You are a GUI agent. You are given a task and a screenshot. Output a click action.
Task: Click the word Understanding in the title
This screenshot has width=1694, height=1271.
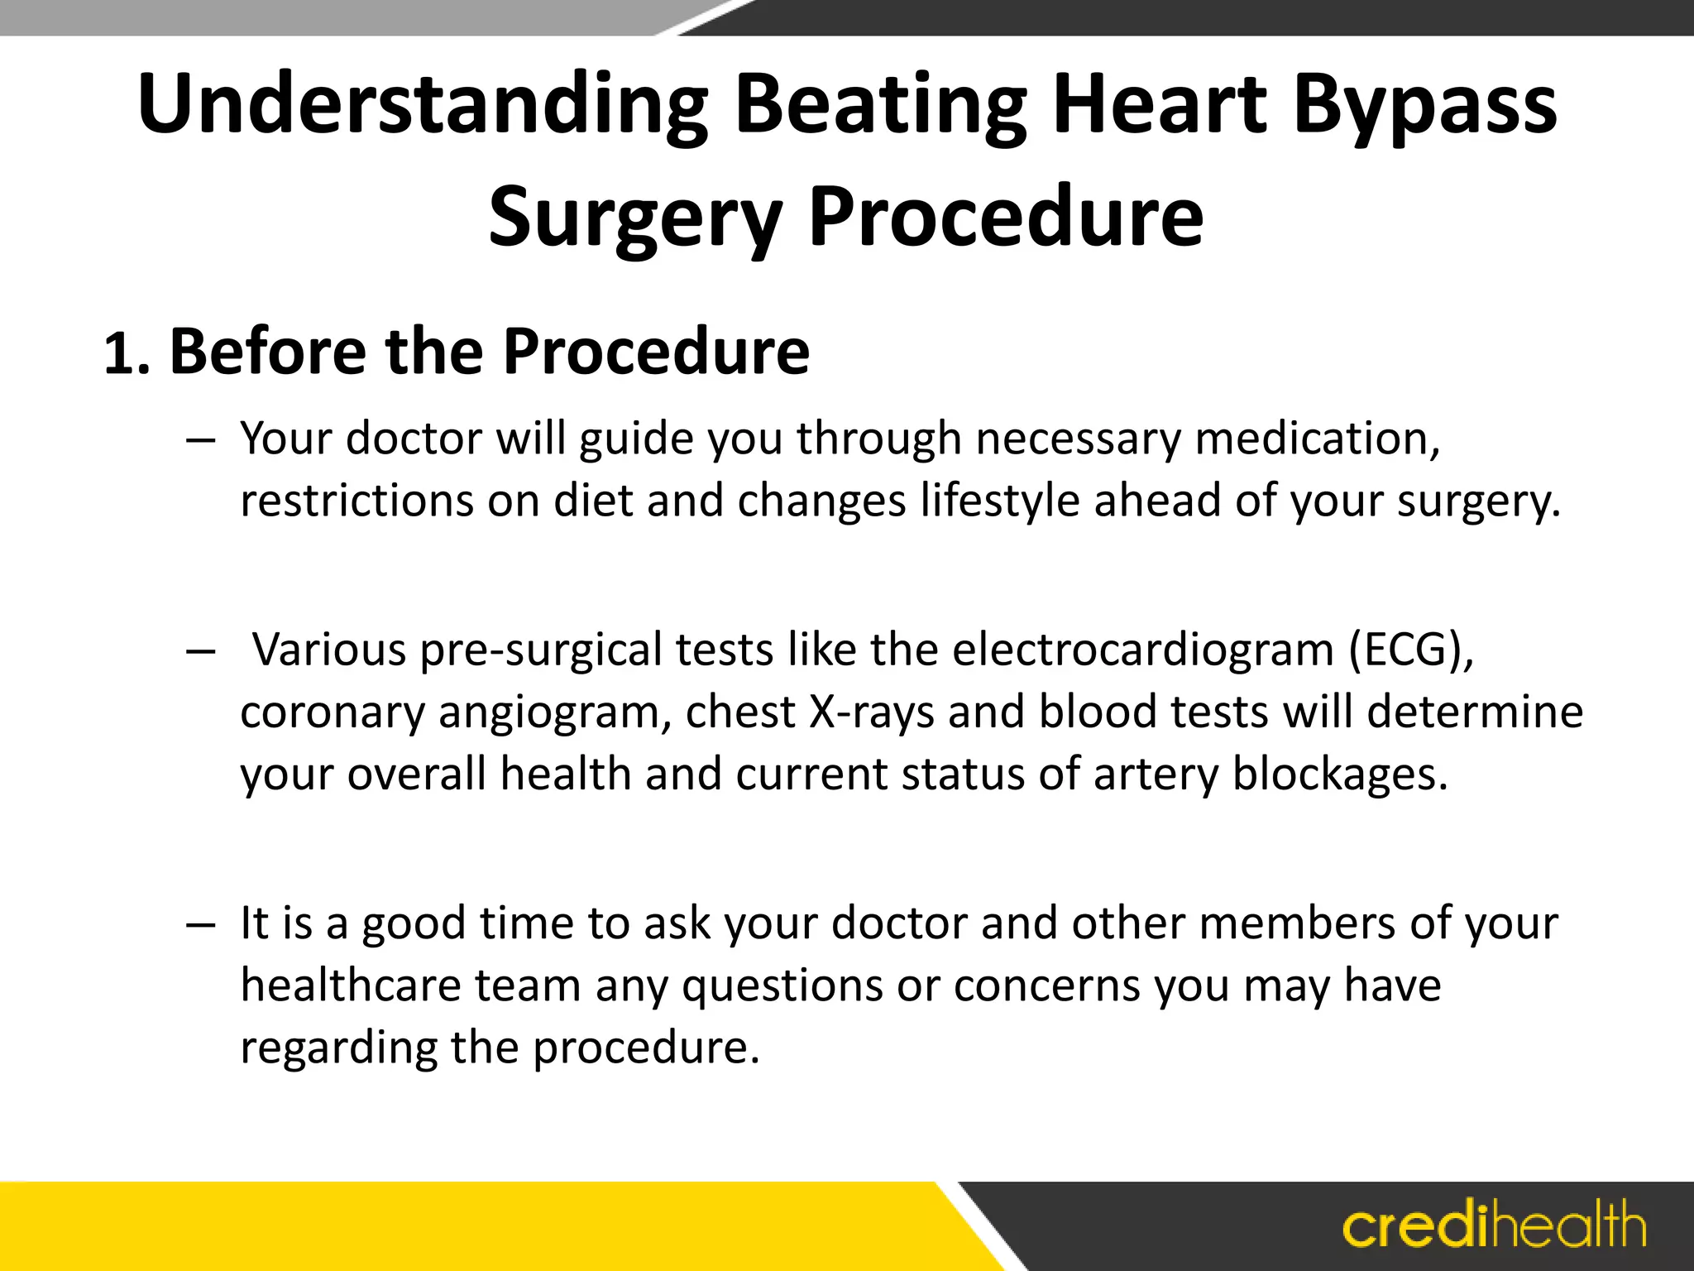(x=423, y=105)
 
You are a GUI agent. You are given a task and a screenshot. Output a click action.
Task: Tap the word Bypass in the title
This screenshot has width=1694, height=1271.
(x=1424, y=105)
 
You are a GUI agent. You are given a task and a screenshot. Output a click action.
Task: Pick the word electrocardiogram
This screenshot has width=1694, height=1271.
(x=1142, y=650)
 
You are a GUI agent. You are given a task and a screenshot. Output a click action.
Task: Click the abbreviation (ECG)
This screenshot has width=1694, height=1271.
(x=1410, y=650)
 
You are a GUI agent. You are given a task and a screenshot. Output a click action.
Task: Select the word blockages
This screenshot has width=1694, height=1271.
(x=1340, y=775)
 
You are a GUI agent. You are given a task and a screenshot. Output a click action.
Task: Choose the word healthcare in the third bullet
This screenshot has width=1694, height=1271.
(x=351, y=986)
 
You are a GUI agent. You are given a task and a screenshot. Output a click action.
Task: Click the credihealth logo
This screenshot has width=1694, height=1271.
(x=1494, y=1225)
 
